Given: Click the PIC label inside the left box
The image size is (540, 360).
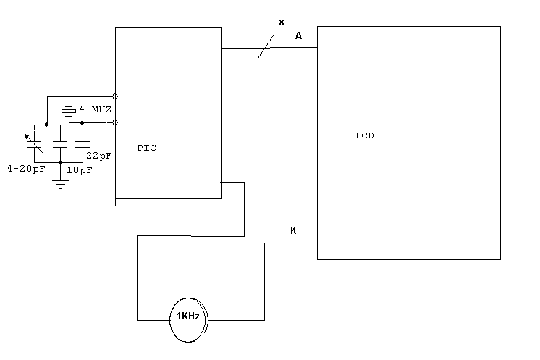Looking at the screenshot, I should tap(146, 148).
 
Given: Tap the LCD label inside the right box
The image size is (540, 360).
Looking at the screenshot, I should tap(365, 136).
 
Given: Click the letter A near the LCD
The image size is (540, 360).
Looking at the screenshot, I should tap(298, 37).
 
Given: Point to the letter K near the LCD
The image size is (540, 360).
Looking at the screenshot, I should tap(293, 231).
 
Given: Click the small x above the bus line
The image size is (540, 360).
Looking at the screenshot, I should tap(282, 22).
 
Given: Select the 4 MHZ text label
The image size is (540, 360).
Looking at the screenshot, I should tap(96, 109).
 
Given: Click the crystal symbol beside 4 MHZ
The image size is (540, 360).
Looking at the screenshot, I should tap(69, 109).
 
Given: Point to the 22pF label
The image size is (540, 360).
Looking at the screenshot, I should tap(100, 156).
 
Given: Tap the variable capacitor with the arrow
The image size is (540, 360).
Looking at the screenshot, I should tap(33, 143).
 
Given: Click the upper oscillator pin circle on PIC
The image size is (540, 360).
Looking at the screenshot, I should tap(115, 96).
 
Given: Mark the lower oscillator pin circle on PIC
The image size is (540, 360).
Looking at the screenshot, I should tap(115, 122).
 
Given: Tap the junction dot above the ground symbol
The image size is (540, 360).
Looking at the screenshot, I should tap(61, 162).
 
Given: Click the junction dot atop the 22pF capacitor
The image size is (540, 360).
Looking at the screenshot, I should tap(82, 123).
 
